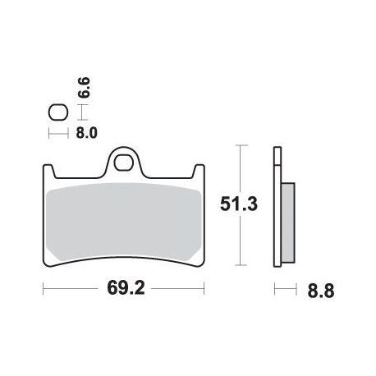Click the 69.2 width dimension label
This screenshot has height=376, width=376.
(126, 288)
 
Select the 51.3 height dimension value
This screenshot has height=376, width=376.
(239, 204)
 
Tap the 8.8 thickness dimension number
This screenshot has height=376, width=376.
(321, 291)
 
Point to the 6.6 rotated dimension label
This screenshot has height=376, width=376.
(84, 87)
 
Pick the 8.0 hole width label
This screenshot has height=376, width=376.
(86, 133)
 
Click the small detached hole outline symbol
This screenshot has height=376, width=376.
(58, 112)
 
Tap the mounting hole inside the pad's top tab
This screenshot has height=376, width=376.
(123, 163)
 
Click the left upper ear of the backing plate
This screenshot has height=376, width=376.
(49, 170)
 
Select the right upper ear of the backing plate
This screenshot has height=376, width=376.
(199, 170)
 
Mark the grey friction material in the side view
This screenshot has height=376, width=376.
(288, 222)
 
